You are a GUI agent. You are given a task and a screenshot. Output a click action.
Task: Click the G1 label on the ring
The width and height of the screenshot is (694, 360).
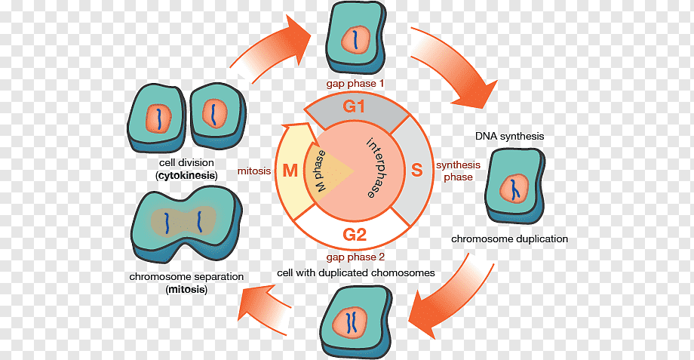pyautogui.click(x=355, y=106)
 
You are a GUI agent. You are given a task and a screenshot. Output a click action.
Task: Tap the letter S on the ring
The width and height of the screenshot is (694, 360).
pyautogui.click(x=416, y=171)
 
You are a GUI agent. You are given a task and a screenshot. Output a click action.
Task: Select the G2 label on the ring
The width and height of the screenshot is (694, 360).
pyautogui.click(x=355, y=234)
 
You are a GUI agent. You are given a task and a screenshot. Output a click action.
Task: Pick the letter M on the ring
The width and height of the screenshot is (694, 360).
pyautogui.click(x=290, y=171)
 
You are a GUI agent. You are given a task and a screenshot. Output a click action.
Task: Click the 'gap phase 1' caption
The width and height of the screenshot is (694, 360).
pyautogui.click(x=355, y=83)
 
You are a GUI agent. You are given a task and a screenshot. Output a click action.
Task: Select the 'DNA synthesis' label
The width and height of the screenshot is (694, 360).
pyautogui.click(x=509, y=137)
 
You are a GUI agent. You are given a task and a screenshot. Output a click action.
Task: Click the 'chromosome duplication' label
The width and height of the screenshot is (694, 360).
pyautogui.click(x=509, y=239)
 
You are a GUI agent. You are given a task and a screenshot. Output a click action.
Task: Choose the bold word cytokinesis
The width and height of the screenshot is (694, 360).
pyautogui.click(x=186, y=175)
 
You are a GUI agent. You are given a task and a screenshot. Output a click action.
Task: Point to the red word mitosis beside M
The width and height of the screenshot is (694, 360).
pyautogui.click(x=254, y=171)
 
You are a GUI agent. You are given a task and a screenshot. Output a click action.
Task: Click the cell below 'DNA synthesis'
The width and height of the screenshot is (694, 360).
pyautogui.click(x=516, y=188)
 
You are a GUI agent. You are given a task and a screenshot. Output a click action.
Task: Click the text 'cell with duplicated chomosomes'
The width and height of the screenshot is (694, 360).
pyautogui.click(x=355, y=272)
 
